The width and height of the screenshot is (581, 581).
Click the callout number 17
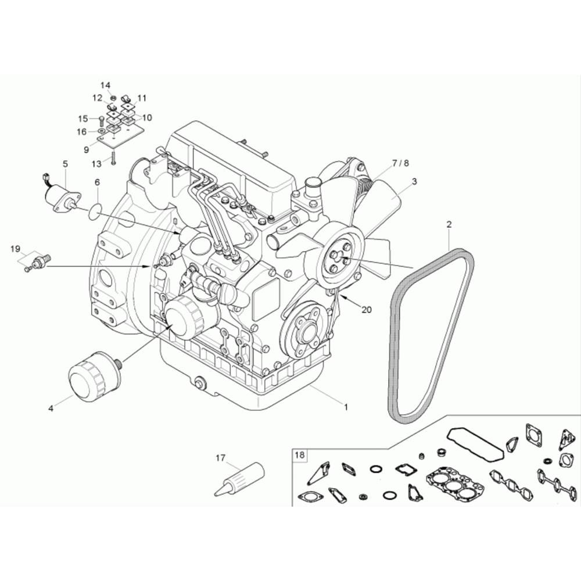tap(220, 458)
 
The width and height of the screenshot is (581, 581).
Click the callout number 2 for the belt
tap(449, 224)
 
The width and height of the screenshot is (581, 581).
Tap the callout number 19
tap(15, 249)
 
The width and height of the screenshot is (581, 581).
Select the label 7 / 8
tap(400, 163)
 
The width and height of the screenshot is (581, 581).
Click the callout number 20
tap(366, 310)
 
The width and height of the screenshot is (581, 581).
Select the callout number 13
tap(97, 163)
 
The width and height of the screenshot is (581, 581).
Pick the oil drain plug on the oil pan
tap(201, 383)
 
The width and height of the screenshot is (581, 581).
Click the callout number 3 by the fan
tap(414, 181)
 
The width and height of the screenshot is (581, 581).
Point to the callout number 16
tap(81, 132)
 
